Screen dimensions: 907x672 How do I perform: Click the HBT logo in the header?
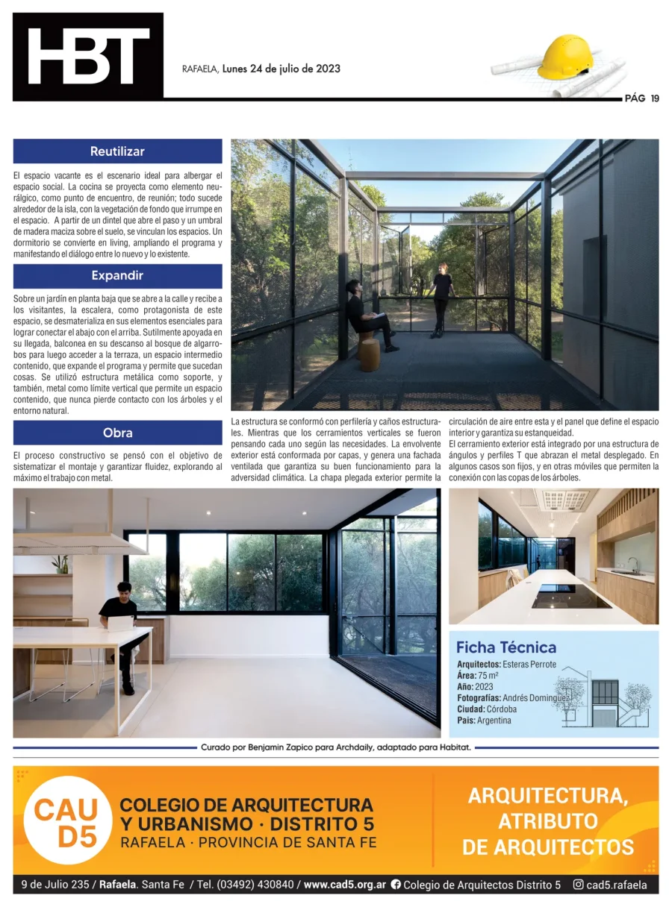point(88,57)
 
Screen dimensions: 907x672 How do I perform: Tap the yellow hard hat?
point(565,57)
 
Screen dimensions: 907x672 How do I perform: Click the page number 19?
point(654,98)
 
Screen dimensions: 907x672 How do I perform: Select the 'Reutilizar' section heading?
point(117,151)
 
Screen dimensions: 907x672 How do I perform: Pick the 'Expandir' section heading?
point(117,276)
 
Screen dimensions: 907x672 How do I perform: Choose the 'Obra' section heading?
point(117,433)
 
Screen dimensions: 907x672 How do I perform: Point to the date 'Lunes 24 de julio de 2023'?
point(281,69)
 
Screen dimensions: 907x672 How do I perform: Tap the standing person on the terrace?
point(442,299)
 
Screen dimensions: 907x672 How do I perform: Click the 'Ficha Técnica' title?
point(505,647)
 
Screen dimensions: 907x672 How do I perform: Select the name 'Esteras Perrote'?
point(529,664)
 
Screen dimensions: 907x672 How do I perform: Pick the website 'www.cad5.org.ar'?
point(344,885)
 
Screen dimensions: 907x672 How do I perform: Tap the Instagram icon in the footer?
point(577,885)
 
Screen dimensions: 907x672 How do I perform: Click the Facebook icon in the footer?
point(396,885)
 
